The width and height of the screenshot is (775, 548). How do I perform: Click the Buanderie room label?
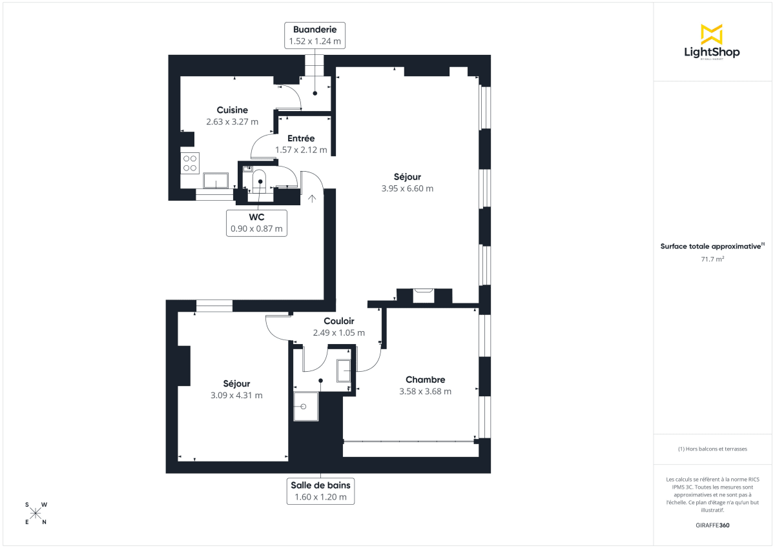pos(315,30)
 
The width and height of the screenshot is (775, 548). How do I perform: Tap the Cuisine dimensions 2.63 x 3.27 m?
pos(232,121)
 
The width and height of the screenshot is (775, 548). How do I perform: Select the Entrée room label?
pos(301,138)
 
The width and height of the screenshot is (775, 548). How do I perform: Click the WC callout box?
pos(256,223)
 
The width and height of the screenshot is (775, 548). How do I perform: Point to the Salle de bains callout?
pos(320,491)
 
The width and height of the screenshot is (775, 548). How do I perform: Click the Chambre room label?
pos(425,380)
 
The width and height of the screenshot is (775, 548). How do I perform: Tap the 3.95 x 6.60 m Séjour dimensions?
pos(407,188)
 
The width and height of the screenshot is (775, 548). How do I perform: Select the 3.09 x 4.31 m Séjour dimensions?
pos(236,395)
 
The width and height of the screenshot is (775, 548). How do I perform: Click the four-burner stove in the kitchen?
pos(190,163)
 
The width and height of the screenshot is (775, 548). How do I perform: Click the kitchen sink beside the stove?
pos(216,180)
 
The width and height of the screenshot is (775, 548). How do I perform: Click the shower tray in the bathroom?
pos(306,407)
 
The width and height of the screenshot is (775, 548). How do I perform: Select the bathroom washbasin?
pos(344,370)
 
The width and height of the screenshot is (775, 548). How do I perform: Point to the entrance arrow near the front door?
pos(313,199)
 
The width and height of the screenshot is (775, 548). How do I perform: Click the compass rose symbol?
pos(36,513)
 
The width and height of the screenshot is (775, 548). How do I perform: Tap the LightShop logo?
pos(712,43)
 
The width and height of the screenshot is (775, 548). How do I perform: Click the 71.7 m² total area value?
pos(712,259)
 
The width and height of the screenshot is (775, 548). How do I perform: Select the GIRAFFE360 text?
pos(712,525)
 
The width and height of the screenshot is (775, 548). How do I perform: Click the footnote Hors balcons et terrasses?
pos(712,449)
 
